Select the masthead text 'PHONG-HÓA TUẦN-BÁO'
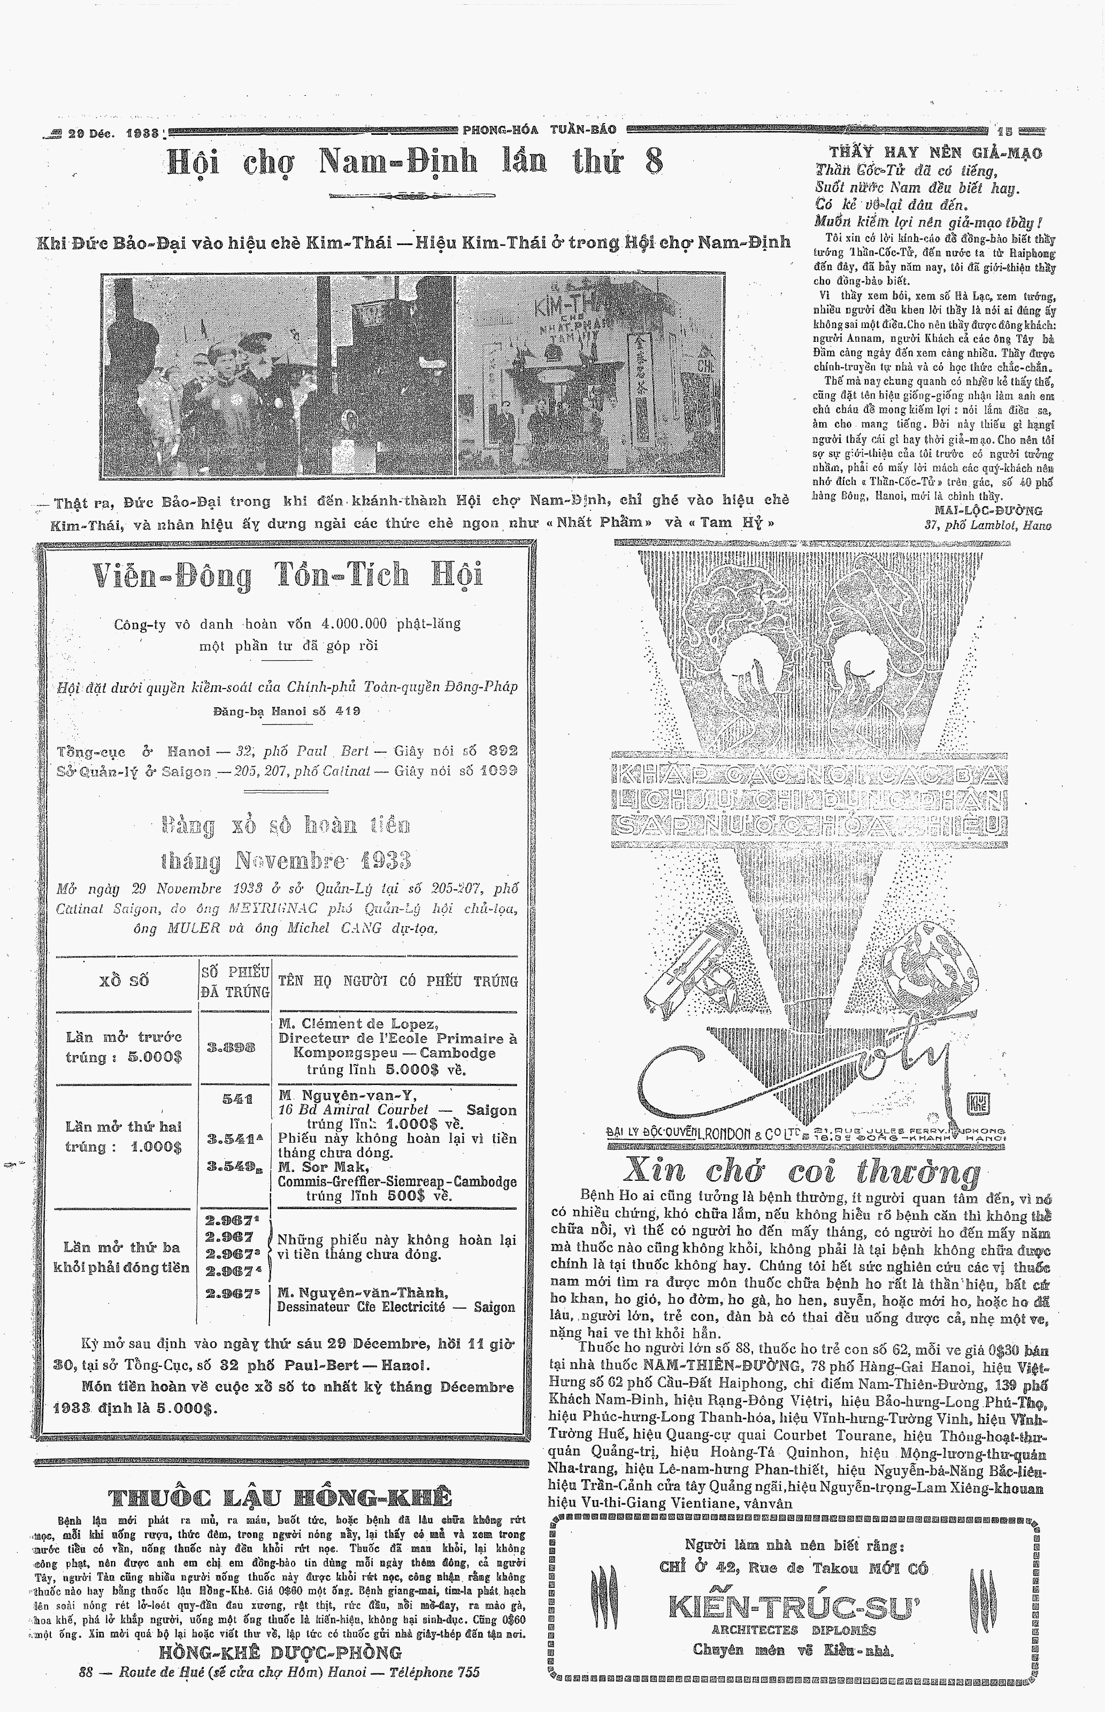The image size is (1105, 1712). tap(540, 130)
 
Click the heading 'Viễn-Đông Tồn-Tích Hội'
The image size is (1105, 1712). tap(287, 576)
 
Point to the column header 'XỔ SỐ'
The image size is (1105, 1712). tap(125, 981)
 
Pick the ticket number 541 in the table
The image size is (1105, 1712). tap(237, 1098)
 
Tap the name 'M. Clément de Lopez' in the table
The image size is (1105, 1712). tap(359, 1024)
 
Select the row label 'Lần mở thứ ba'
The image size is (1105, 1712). tap(121, 1247)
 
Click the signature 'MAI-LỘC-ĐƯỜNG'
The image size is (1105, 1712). tap(989, 510)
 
